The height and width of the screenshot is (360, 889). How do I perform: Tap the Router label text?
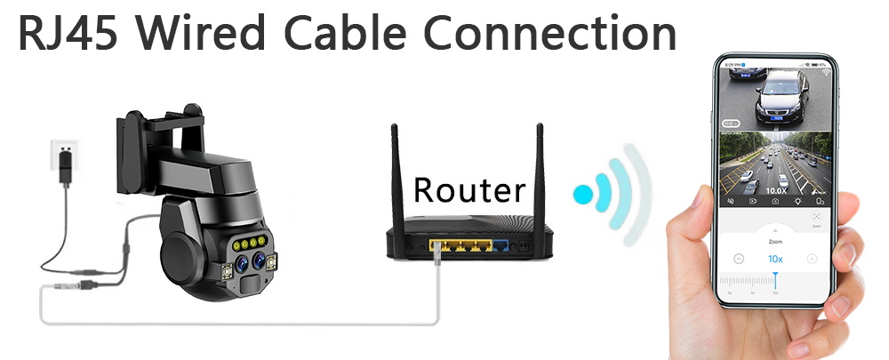pos(469,188)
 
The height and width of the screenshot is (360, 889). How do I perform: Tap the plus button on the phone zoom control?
pos(812,259)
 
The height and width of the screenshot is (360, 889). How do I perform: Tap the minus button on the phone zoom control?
pos(739,259)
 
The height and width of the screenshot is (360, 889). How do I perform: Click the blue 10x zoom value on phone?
pos(775,259)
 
